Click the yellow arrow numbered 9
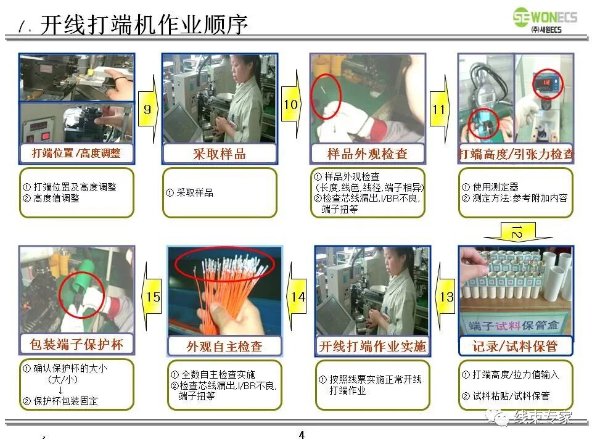pos(147,109)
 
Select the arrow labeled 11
pos(439,109)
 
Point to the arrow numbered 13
pos(446,297)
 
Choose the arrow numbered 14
pos(298,297)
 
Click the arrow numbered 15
pos(152,297)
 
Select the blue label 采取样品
pos(220,154)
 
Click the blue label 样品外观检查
pos(368,154)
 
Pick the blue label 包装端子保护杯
pos(76,343)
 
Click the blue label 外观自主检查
pos(224,345)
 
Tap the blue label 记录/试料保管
pos(516,345)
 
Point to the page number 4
pos(302,435)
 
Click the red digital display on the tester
pos(553,80)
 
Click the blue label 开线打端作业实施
pos(372,345)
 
